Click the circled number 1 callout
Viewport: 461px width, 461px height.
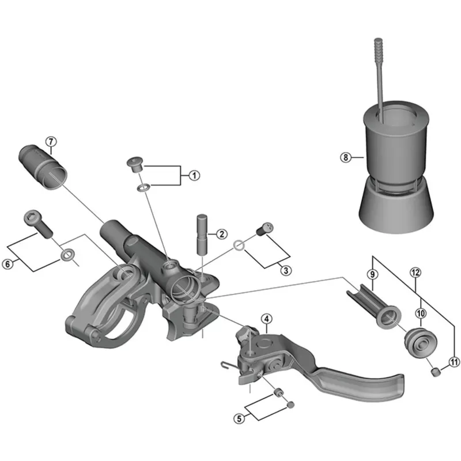tap(194, 175)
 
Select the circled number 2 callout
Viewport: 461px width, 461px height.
tap(220, 235)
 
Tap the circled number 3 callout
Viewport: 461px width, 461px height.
tap(285, 269)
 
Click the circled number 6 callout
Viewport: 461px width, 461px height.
tap(7, 264)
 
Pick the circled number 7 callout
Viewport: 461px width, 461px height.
tap(51, 141)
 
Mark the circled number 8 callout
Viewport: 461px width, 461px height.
tap(345, 157)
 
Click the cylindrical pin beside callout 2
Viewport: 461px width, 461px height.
tap(202, 233)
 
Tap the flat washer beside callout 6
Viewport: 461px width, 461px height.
tap(68, 254)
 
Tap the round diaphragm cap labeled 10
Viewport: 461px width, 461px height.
tap(418, 342)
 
